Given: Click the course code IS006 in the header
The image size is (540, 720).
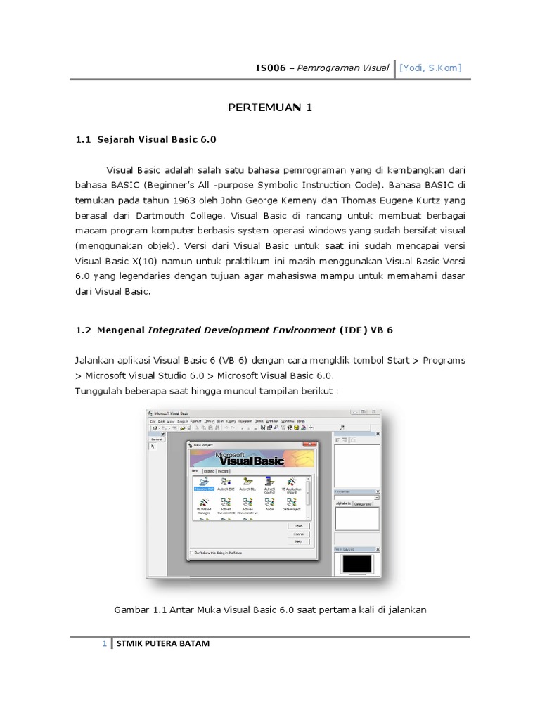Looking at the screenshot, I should [271, 68].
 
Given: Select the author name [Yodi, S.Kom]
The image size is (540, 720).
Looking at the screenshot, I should [430, 68].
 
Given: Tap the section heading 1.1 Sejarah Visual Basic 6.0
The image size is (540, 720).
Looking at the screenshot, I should [146, 139].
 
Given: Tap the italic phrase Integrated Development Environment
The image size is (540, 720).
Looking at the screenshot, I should [243, 330].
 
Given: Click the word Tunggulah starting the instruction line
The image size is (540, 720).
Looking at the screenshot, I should [99, 390].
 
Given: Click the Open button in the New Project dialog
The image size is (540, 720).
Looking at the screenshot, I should [297, 525].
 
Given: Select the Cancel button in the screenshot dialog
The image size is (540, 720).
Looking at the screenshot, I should [297, 534].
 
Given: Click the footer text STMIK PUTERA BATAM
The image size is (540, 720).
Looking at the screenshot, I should [162, 644].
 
